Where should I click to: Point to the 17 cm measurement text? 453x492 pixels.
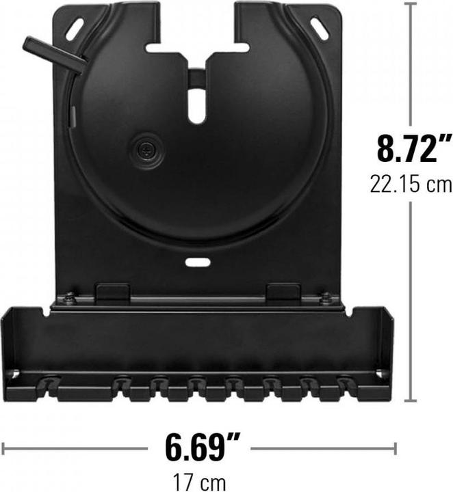[x=200, y=482]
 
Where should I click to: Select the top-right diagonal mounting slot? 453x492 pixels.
[x=319, y=28]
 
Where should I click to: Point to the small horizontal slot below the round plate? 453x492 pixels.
[x=196, y=262]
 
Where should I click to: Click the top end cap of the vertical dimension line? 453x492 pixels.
[x=412, y=4]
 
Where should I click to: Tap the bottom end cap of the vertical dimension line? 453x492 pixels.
[x=412, y=400]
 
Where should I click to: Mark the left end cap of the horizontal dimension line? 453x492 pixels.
[x=4, y=448]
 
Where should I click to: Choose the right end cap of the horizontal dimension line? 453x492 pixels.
[x=395, y=448]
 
